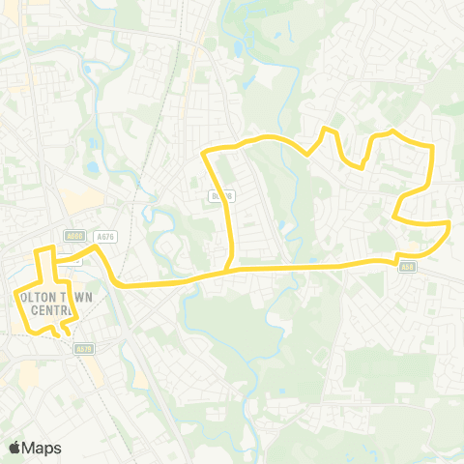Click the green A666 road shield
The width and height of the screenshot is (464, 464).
(73, 235)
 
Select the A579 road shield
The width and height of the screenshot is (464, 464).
(82, 349)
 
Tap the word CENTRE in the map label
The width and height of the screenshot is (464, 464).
(51, 311)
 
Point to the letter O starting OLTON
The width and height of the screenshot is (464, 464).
(23, 298)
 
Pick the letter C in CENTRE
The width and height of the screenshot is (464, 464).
(35, 311)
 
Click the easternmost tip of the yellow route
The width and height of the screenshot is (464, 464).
(449, 225)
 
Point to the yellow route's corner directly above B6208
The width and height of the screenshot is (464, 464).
(204, 153)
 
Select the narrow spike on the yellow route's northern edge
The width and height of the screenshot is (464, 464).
(327, 129)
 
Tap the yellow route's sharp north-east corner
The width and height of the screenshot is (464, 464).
(431, 145)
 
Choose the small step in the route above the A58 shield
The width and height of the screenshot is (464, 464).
(397, 254)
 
